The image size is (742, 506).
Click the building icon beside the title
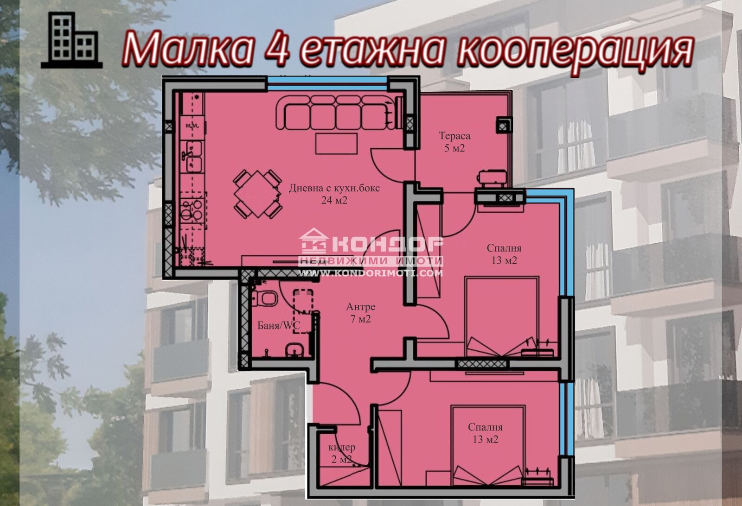[x=71, y=41]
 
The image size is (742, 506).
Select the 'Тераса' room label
[x=454, y=136]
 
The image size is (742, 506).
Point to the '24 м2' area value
[x=334, y=200]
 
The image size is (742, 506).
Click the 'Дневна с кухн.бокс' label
[x=334, y=188]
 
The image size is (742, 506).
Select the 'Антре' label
[x=360, y=307]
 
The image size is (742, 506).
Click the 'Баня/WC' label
[x=279, y=326]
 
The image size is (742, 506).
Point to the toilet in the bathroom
[x=266, y=298]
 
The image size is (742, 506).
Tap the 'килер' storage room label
[x=342, y=447]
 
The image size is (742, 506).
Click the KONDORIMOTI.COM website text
[x=370, y=273]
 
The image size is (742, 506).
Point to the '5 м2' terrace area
[x=454, y=148]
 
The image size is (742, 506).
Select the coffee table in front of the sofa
[x=336, y=143]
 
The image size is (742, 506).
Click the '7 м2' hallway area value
[x=360, y=319]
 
